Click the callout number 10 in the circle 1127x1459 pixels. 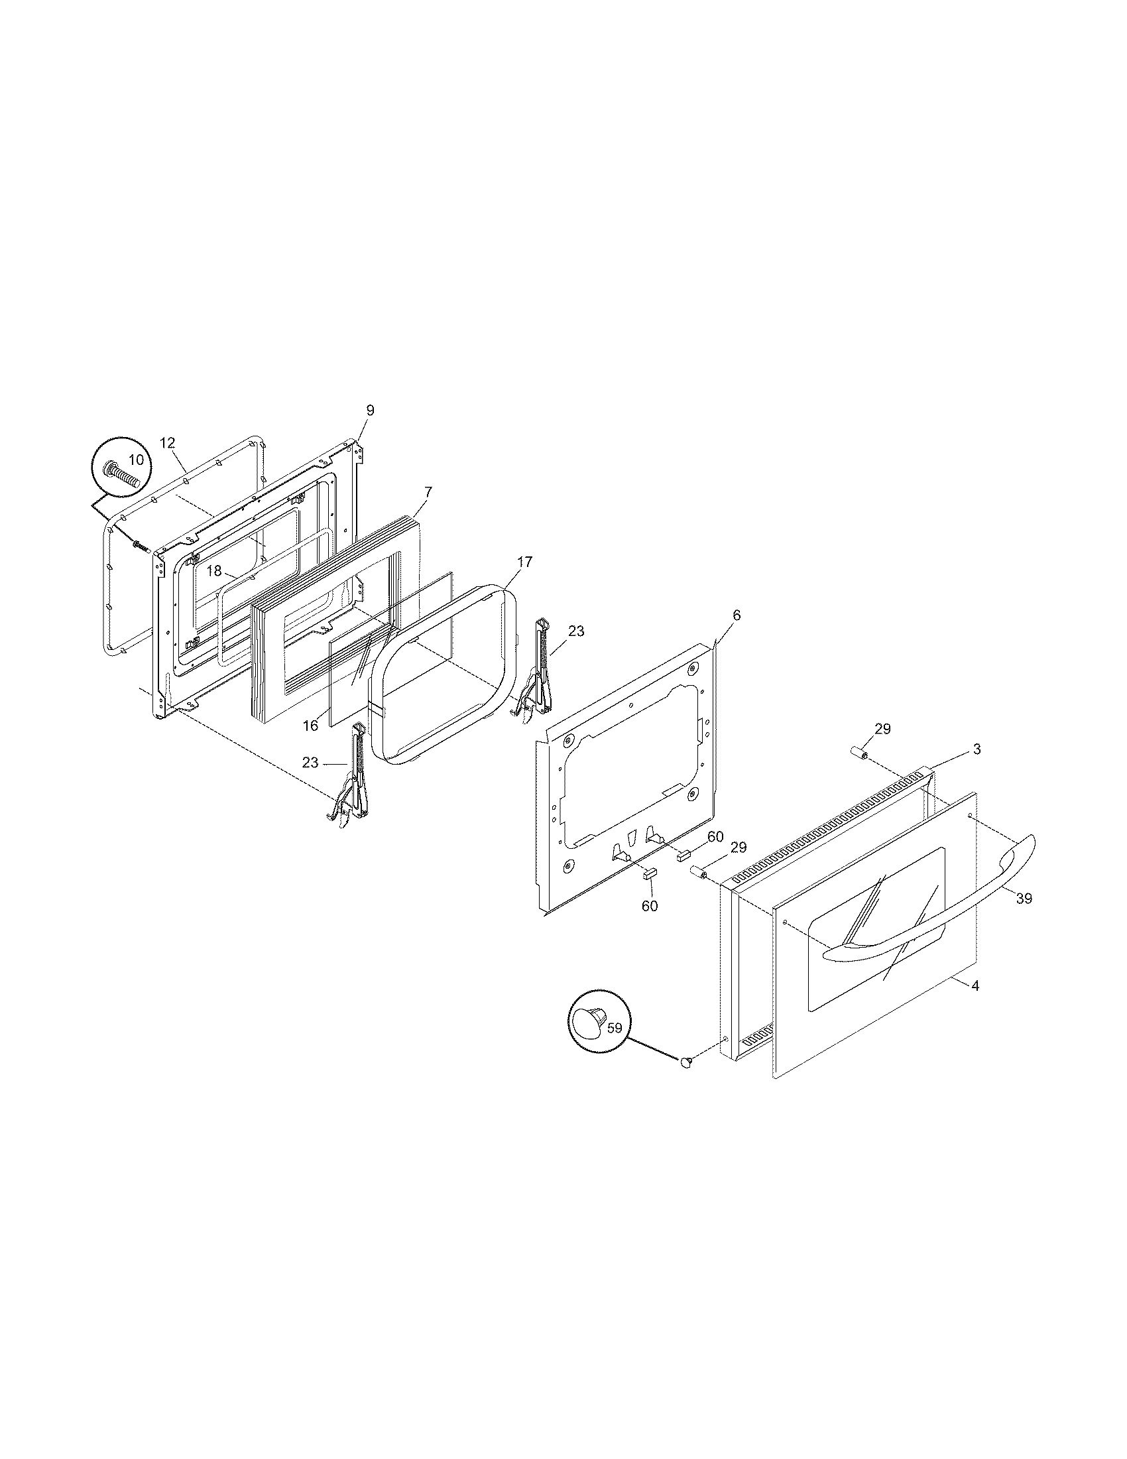135,460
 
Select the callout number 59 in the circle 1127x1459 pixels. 615,1027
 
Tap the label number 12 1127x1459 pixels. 167,442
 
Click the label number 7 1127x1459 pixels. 428,492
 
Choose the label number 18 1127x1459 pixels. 213,571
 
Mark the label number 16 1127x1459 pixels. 310,726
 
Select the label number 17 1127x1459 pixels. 525,562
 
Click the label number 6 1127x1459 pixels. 737,615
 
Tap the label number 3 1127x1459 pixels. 977,749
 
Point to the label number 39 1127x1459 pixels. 1024,899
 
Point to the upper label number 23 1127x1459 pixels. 575,631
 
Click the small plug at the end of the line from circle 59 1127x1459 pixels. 685,1062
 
